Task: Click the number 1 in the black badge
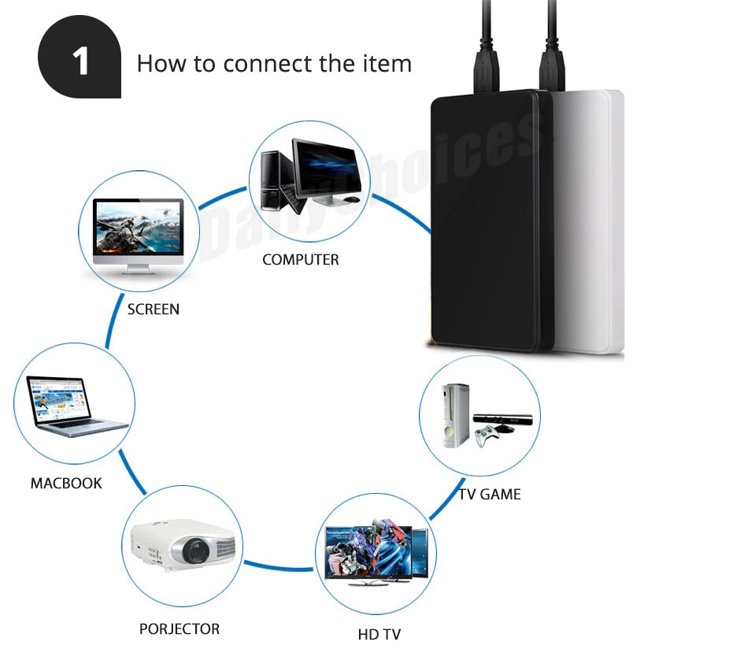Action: pyautogui.click(x=80, y=62)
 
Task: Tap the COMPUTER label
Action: pyautogui.click(x=301, y=259)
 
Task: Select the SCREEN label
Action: pyautogui.click(x=154, y=310)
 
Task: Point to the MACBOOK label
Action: pyautogui.click(x=66, y=483)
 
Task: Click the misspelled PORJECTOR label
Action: pyautogui.click(x=179, y=628)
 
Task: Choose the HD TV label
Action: pyautogui.click(x=379, y=634)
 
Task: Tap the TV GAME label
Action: pyautogui.click(x=490, y=495)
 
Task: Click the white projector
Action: pyautogui.click(x=183, y=544)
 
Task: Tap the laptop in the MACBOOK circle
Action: pyautogui.click(x=71, y=406)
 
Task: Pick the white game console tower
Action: pyautogui.click(x=455, y=415)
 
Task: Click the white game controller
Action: pyautogui.click(x=489, y=434)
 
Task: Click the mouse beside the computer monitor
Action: pyautogui.click(x=352, y=199)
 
